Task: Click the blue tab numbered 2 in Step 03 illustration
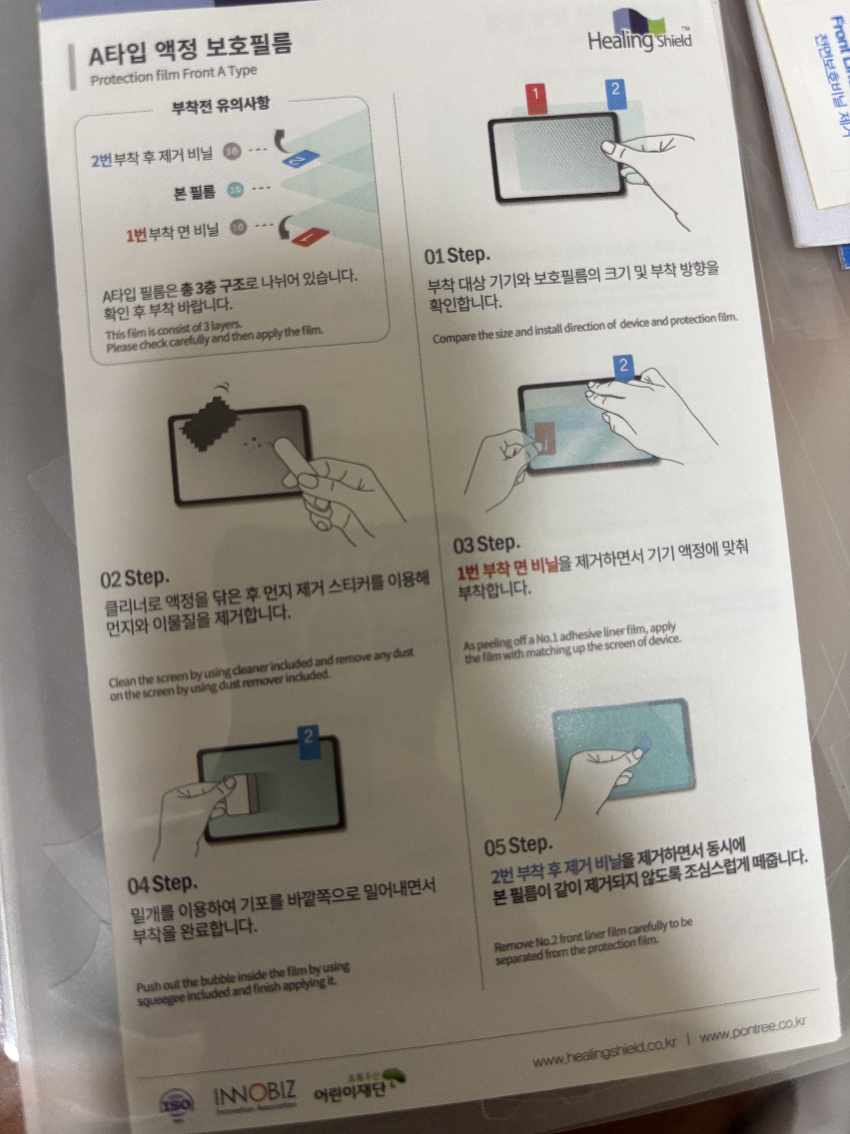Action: click(x=623, y=367)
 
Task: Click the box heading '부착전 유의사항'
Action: click(x=220, y=105)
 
